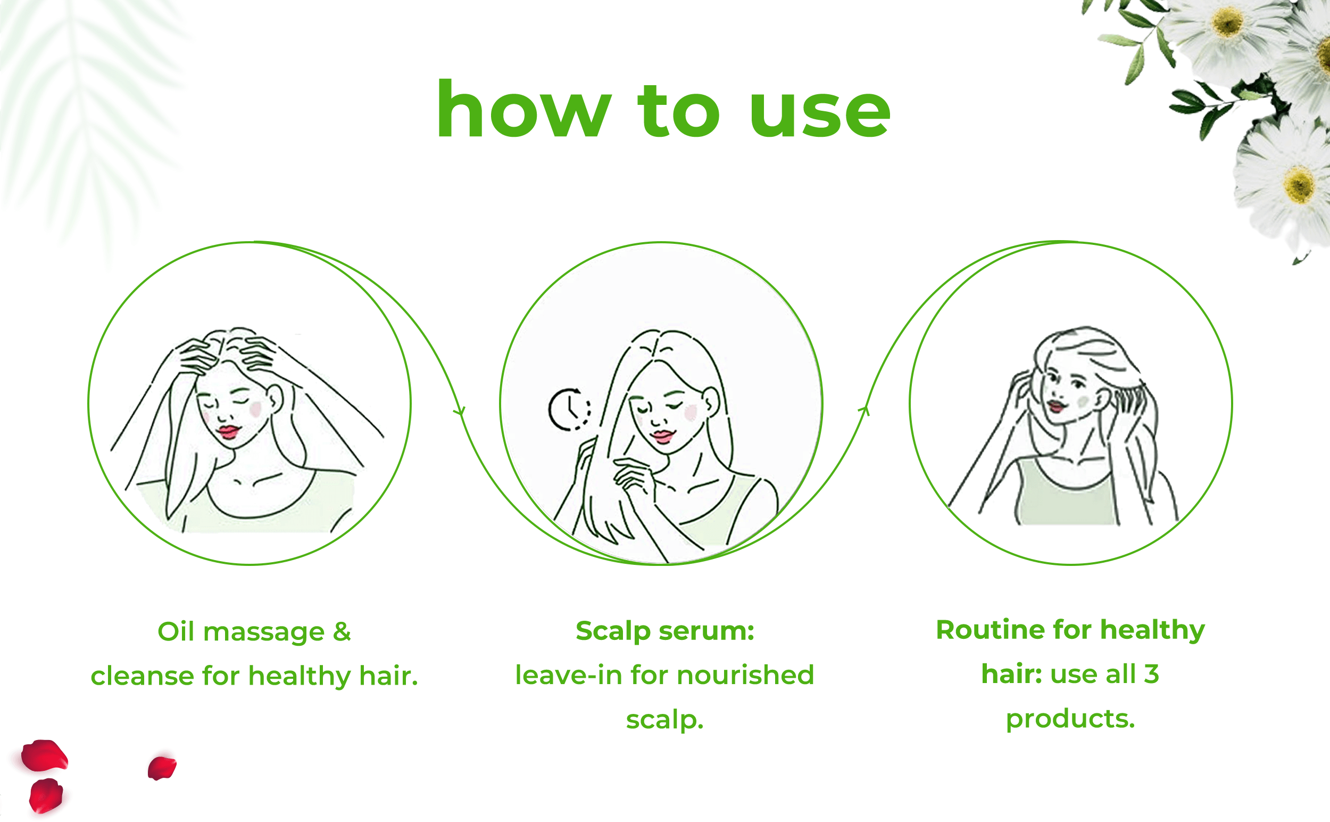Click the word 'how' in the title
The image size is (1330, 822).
point(524,109)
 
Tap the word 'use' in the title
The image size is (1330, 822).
point(820,114)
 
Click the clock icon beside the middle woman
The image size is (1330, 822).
point(569,409)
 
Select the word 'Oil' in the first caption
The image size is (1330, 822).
point(176,632)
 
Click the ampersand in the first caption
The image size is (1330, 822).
point(342,632)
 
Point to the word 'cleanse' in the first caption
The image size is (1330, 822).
point(143,676)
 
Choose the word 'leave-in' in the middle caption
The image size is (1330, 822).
point(569,675)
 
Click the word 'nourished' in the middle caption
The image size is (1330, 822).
point(745,675)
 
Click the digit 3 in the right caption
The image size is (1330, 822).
point(1152,674)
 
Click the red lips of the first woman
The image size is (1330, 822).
point(228,432)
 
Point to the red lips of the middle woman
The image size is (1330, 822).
point(663,436)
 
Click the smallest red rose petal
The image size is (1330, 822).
point(162,768)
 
